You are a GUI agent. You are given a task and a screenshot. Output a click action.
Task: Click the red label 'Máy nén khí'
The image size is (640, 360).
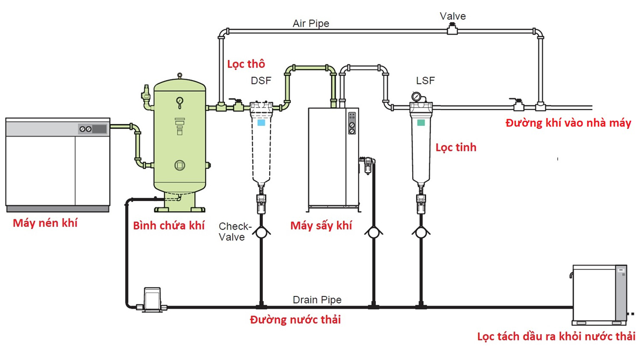coord(45,223)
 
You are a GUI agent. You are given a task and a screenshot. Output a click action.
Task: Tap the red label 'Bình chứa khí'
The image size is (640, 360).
coord(169,225)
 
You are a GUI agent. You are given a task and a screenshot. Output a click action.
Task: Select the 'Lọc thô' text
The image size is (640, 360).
coord(246,64)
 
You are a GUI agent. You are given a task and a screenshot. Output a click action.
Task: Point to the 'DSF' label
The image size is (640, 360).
coord(261,81)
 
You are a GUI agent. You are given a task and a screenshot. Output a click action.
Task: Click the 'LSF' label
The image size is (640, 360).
coord(425,81)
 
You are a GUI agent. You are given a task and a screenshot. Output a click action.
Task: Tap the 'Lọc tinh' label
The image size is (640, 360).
coord(456,148)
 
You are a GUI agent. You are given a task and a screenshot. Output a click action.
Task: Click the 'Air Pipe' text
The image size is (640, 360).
coord(311,23)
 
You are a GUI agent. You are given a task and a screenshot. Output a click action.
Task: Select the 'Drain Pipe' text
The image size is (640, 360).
coord(317,300)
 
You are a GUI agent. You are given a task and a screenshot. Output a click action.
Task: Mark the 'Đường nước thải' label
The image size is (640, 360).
coord(295,320)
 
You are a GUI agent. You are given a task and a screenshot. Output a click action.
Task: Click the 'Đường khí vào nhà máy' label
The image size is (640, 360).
coord(568,123)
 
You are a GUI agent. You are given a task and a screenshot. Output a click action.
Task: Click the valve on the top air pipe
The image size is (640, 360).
coord(453,30)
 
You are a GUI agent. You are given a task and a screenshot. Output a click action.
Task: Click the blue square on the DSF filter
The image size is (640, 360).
coord(261,123)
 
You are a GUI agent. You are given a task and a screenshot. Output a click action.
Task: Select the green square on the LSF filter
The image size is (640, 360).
coord(421,123)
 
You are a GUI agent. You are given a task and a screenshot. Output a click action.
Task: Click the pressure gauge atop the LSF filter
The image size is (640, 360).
coord(415,96)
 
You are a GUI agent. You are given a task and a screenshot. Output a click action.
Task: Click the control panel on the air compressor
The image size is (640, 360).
coord(92,128)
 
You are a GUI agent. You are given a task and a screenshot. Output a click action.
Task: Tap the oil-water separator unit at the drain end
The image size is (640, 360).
coord(599,293)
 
